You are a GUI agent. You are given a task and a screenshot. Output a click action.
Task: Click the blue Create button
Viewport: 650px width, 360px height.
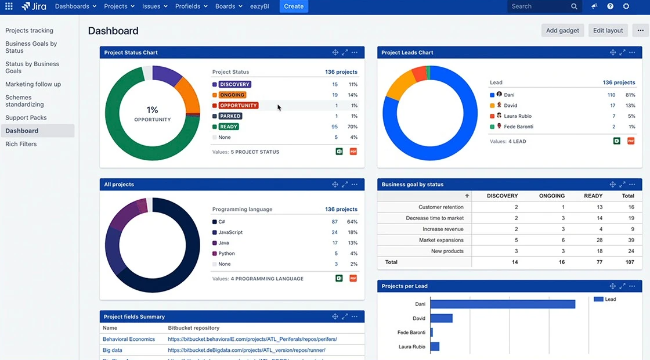[x=294, y=6]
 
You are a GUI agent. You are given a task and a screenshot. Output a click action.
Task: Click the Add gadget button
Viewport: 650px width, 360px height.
[x=562, y=31]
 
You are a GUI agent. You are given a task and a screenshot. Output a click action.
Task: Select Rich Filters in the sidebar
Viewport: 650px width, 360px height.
[x=21, y=144]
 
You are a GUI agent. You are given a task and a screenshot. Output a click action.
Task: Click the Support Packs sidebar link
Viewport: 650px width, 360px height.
[x=26, y=118]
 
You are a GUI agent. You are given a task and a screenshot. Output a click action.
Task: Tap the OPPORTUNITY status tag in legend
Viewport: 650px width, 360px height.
[x=239, y=106]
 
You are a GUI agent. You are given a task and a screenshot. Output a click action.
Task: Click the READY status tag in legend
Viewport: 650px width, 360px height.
[x=229, y=127]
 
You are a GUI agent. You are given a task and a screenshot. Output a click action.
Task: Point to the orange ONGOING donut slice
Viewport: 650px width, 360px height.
[x=188, y=92]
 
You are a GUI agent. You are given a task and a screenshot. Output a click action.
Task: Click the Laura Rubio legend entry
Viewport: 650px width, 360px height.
[x=518, y=116]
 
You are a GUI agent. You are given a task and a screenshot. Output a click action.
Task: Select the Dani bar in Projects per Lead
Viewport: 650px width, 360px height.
[x=502, y=304]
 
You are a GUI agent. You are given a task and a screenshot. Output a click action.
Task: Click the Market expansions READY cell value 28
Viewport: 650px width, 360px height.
[x=599, y=240]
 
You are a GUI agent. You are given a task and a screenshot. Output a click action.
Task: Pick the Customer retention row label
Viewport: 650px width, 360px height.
[x=440, y=207]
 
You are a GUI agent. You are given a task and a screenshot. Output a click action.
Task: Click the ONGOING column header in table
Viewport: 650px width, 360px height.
[x=552, y=196]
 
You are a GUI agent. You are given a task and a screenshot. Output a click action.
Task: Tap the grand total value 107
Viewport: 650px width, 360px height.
[x=629, y=262]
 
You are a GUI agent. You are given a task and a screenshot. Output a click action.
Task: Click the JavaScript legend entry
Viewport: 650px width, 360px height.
[x=230, y=232]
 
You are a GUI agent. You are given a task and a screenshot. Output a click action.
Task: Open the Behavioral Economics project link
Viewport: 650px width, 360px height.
[x=129, y=339]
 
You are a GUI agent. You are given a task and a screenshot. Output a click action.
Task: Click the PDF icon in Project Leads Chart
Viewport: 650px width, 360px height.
[x=631, y=141]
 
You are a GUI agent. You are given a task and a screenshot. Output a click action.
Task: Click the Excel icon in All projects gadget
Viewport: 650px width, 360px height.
[x=339, y=279]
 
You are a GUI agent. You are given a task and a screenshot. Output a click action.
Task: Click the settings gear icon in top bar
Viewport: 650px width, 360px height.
[x=626, y=6]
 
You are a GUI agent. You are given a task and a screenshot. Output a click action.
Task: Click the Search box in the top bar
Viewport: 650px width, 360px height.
[x=537, y=6]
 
